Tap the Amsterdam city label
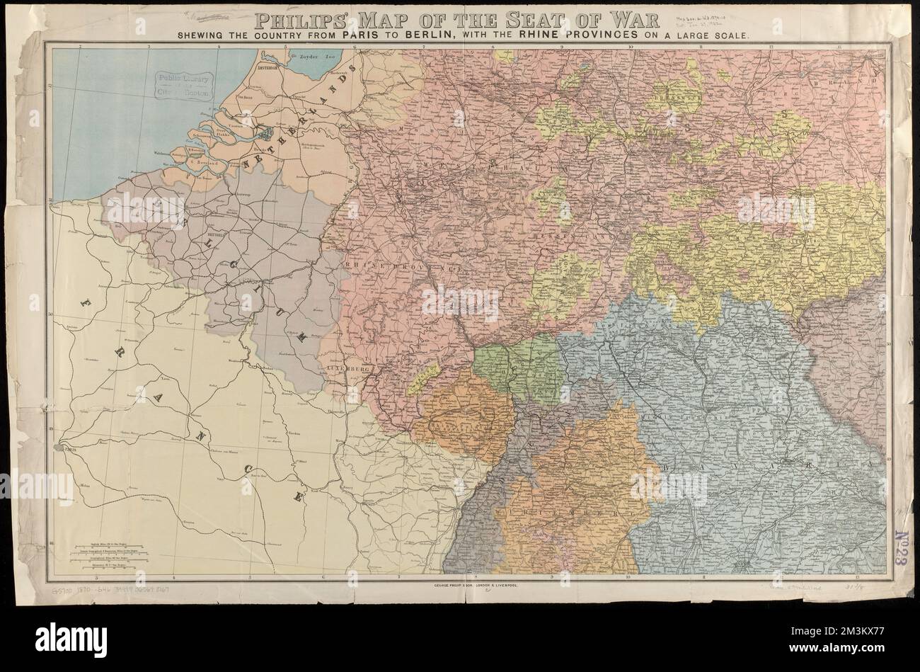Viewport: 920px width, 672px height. point(271,69)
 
